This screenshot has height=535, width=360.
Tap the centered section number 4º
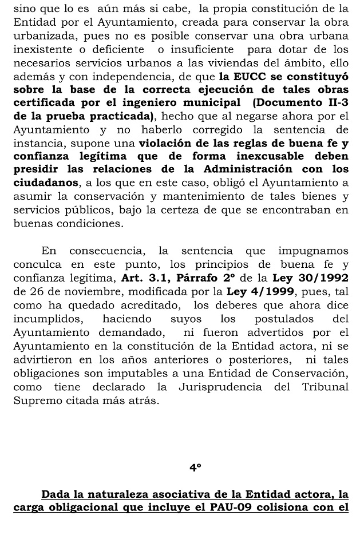click(195, 467)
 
